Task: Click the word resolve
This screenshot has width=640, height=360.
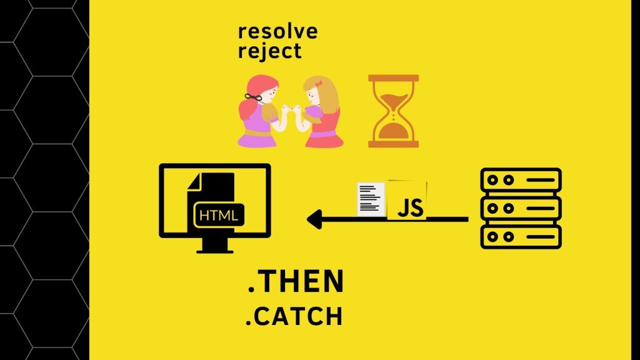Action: pyautogui.click(x=277, y=31)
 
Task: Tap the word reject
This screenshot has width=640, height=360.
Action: pyautogui.click(x=269, y=51)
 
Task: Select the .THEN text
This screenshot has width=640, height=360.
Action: pyautogui.click(x=296, y=282)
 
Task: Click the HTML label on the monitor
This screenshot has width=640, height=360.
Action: pyautogui.click(x=219, y=215)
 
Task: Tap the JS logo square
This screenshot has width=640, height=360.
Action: pyautogui.click(x=407, y=201)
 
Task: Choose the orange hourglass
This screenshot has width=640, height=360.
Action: pyautogui.click(x=394, y=111)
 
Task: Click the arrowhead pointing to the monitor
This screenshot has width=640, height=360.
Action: pyautogui.click(x=315, y=219)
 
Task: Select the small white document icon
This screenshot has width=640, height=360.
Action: pyautogui.click(x=371, y=199)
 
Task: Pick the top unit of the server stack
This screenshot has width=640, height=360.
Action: pyautogui.click(x=521, y=179)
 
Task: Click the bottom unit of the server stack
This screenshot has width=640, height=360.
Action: pyautogui.click(x=521, y=237)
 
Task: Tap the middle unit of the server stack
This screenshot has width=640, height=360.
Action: pyautogui.click(x=521, y=208)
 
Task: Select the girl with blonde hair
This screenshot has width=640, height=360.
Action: pyautogui.click(x=321, y=112)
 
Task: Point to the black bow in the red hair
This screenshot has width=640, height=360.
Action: pyautogui.click(x=253, y=97)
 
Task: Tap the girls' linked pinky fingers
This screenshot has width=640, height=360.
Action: pyautogui.click(x=291, y=109)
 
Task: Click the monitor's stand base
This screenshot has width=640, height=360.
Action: pyautogui.click(x=215, y=251)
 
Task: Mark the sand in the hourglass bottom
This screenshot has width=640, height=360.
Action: pyautogui.click(x=393, y=131)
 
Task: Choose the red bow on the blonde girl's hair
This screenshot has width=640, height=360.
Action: pyautogui.click(x=318, y=84)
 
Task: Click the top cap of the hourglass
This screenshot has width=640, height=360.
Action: pyautogui.click(x=394, y=77)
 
